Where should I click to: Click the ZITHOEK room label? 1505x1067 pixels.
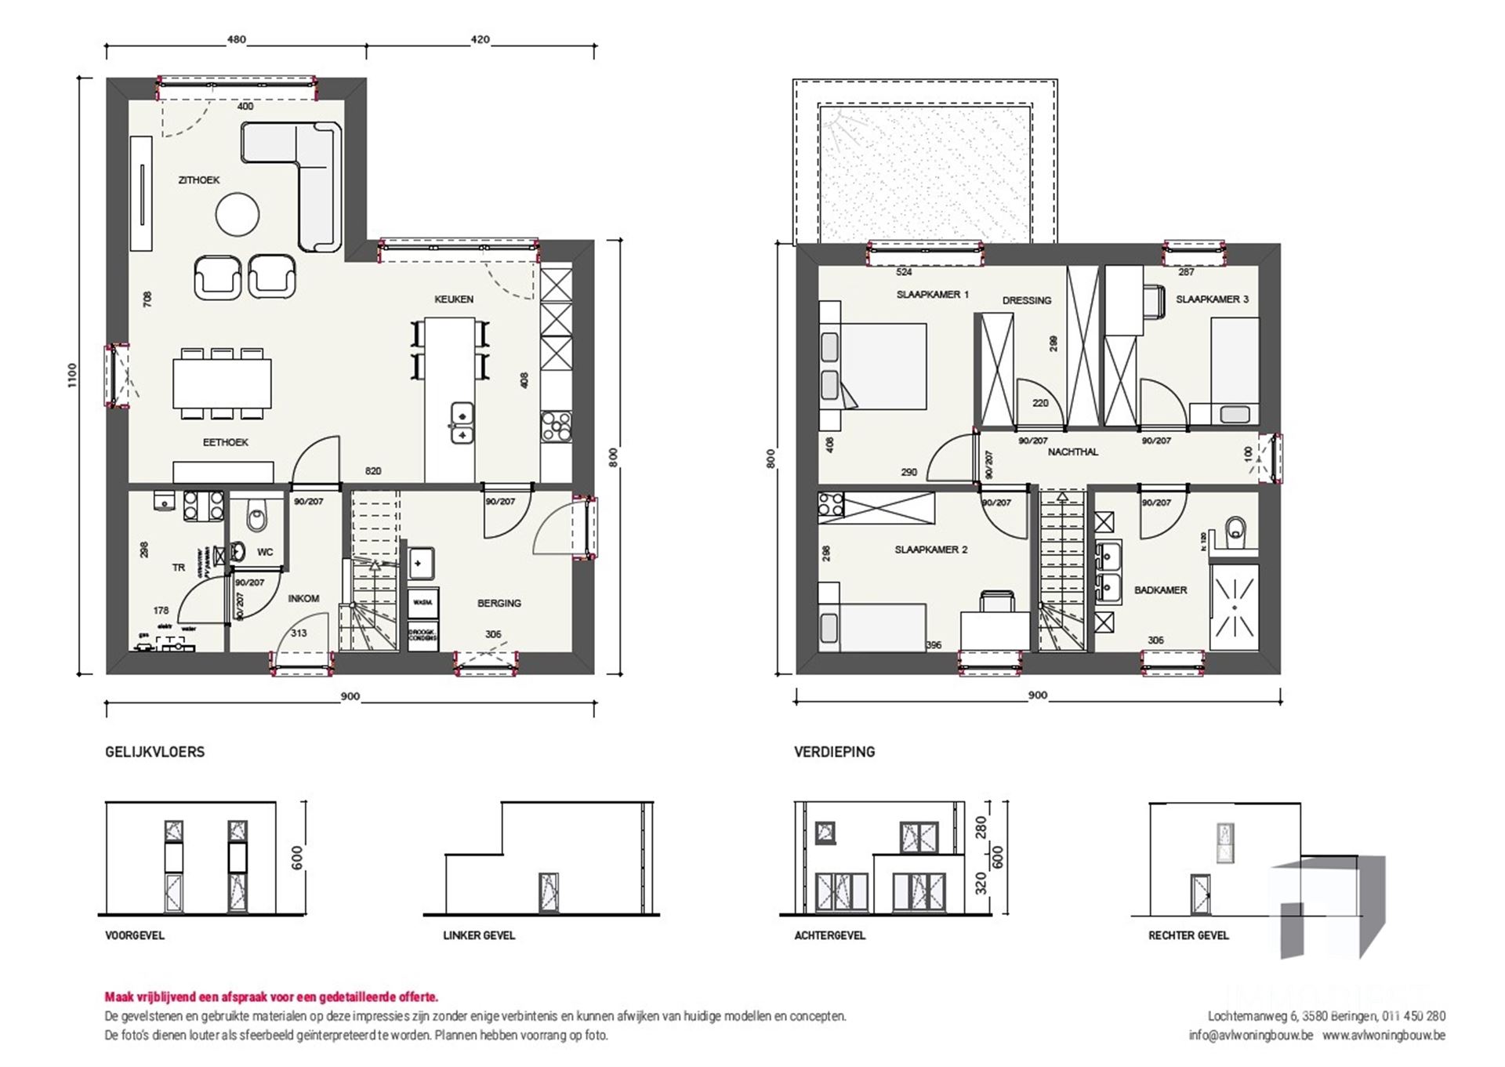click(198, 180)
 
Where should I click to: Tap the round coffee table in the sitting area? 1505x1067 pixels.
click(238, 214)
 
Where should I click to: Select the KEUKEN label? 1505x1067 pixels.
click(454, 299)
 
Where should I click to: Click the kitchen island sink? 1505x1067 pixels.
click(462, 423)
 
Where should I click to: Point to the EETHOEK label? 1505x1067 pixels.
click(225, 443)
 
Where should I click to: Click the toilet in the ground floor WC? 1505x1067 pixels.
click(256, 517)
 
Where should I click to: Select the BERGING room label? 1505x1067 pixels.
click(499, 604)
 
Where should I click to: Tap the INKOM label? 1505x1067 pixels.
click(303, 599)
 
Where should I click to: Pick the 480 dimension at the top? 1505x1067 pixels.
click(236, 39)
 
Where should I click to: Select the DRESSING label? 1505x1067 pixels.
click(1026, 301)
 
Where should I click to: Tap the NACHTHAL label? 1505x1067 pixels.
click(1072, 452)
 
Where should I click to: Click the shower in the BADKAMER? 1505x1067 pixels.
click(1234, 607)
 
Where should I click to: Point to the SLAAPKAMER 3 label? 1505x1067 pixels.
click(1212, 299)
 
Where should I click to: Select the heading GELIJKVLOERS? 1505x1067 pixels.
click(154, 752)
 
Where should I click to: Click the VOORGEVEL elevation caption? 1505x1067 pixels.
click(135, 935)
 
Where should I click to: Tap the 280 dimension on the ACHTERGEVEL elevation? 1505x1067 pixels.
click(981, 827)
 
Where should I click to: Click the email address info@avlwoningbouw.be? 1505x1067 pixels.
click(1250, 1035)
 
